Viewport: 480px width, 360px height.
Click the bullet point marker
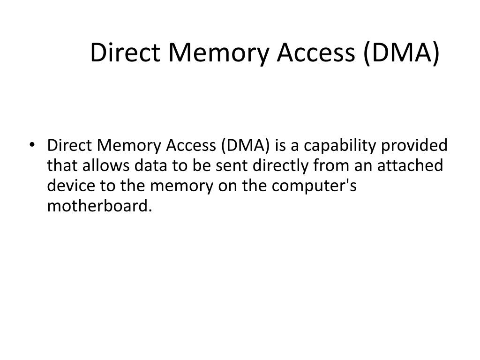tap(32, 146)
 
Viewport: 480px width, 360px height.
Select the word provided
tap(415, 146)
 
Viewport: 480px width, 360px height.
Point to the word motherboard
tap(100, 206)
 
